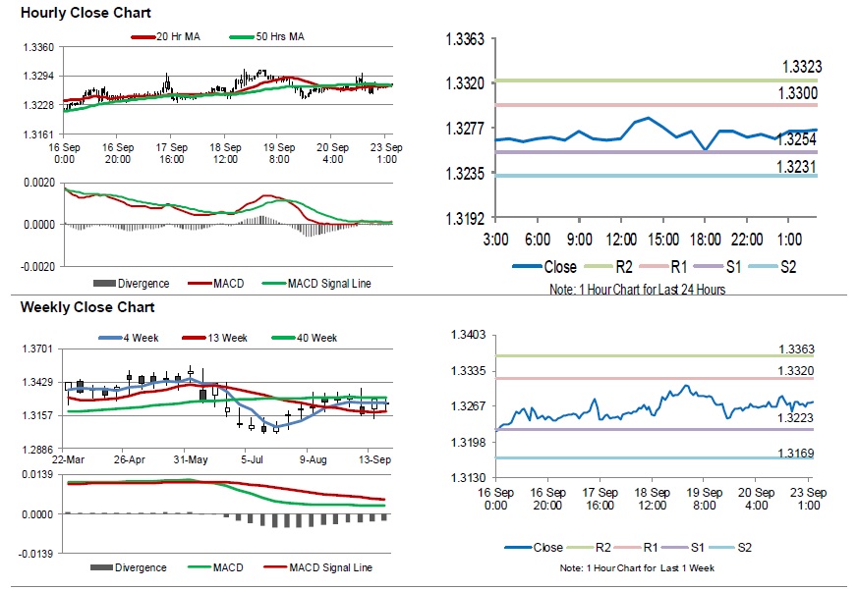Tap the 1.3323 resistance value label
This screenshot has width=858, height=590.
[x=801, y=67]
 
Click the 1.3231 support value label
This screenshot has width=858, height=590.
[x=797, y=167]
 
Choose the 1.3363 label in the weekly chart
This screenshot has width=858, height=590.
[x=796, y=349]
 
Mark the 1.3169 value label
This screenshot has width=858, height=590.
[x=796, y=453]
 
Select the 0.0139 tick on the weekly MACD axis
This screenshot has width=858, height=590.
[x=37, y=475]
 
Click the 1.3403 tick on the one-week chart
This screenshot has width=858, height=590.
[x=468, y=336]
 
